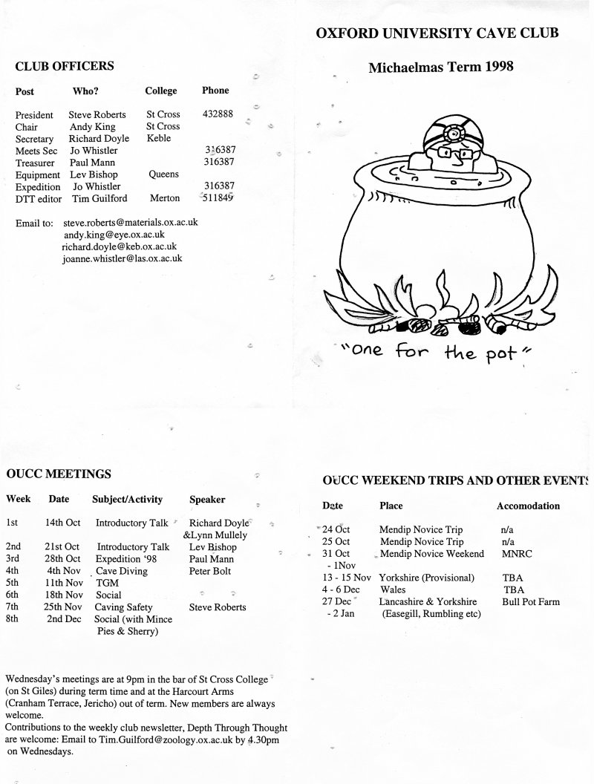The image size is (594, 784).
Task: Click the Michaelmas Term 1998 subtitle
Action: point(441,67)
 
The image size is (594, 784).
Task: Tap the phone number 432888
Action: point(218,114)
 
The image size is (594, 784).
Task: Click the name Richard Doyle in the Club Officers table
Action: point(99,138)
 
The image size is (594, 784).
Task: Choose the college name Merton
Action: point(164,198)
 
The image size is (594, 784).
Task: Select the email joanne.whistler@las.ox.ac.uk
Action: point(123,258)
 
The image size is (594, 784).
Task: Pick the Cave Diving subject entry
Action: point(122,571)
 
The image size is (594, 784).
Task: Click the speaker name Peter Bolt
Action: point(210,571)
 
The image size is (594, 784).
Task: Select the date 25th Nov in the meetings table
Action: point(62,607)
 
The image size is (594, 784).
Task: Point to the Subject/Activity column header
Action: point(127,500)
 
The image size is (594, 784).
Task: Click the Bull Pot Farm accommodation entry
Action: point(531,601)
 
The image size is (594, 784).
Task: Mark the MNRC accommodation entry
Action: point(515,554)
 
